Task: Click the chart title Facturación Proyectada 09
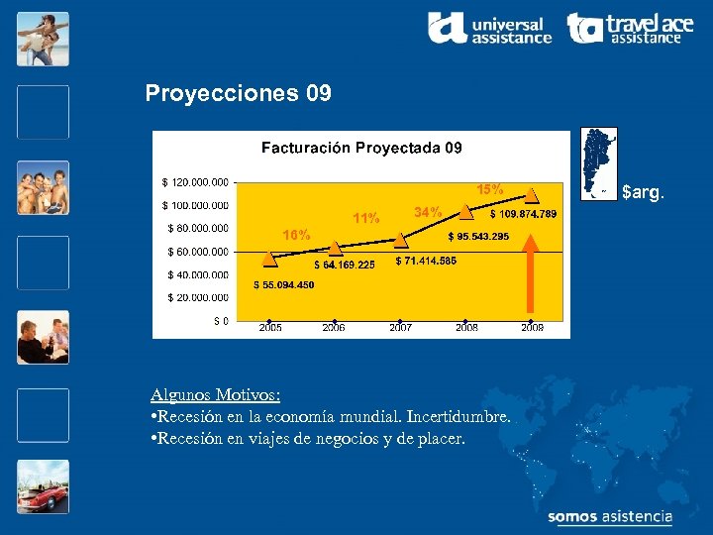[361, 148]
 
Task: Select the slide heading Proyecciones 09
[238, 94]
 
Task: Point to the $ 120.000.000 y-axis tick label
[195, 182]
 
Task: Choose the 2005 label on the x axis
[270, 328]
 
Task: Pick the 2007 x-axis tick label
[400, 328]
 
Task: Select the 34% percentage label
[428, 212]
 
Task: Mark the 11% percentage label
[366, 218]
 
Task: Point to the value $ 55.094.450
[284, 285]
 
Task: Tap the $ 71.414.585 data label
[426, 261]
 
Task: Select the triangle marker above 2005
[270, 259]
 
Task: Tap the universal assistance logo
[489, 28]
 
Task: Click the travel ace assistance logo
[630, 28]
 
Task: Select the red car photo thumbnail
[43, 490]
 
